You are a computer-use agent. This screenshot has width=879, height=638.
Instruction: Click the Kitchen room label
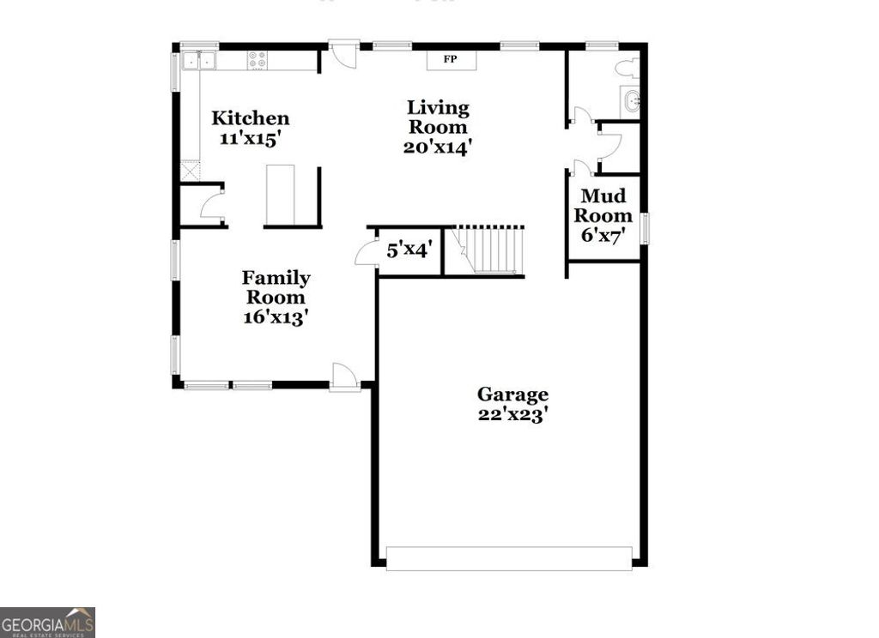(251, 118)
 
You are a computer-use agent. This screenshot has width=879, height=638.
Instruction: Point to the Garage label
(512, 394)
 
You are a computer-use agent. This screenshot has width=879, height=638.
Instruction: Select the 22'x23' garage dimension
(512, 414)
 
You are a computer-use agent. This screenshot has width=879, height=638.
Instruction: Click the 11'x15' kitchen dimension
(251, 139)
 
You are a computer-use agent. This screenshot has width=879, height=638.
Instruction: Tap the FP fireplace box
(449, 59)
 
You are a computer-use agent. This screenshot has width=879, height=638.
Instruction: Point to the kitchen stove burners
(257, 60)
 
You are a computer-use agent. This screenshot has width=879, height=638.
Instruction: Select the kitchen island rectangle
(280, 196)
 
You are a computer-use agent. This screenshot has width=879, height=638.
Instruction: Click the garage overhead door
(509, 558)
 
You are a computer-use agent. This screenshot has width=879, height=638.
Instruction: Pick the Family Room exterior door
(344, 378)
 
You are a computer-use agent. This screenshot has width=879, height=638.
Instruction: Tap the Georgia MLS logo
(47, 622)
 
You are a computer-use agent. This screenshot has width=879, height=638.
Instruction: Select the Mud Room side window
(645, 229)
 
